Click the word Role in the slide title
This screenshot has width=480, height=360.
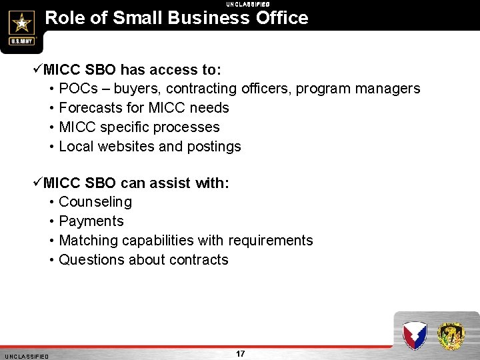coord(65,17)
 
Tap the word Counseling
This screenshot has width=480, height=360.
coord(95,202)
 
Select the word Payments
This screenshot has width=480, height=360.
coord(91,221)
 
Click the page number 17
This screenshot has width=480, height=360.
coord(241,353)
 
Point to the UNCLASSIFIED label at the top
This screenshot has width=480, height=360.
coord(247,4)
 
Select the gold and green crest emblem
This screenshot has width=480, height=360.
coord(451,334)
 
